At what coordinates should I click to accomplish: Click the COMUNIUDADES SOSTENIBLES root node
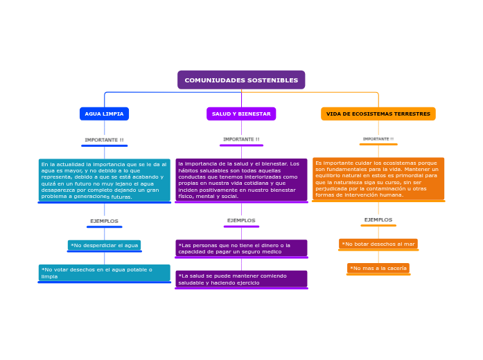click(241, 80)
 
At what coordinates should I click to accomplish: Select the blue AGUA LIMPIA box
click(104, 114)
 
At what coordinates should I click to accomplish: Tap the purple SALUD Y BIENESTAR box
click(241, 114)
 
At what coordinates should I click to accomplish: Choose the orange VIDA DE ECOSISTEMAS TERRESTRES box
click(378, 114)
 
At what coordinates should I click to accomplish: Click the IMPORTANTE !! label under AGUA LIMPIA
click(104, 140)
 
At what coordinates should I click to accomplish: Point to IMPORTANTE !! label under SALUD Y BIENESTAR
click(241, 139)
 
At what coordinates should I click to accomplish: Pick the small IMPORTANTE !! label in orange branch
click(378, 138)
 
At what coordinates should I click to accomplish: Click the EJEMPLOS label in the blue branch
click(104, 221)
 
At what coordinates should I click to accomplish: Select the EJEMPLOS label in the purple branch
click(241, 220)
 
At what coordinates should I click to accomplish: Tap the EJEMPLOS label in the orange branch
click(378, 219)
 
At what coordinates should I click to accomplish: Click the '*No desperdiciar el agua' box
click(104, 245)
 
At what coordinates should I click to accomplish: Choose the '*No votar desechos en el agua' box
click(104, 273)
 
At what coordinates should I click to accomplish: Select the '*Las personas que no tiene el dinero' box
click(241, 248)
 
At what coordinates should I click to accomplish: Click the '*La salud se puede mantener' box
click(241, 279)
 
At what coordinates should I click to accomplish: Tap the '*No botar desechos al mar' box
click(378, 244)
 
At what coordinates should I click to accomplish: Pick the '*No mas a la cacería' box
click(378, 268)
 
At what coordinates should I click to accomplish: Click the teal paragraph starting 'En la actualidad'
click(104, 180)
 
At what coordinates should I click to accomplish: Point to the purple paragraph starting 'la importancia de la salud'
click(241, 180)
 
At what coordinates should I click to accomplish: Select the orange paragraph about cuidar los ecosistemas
click(378, 179)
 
